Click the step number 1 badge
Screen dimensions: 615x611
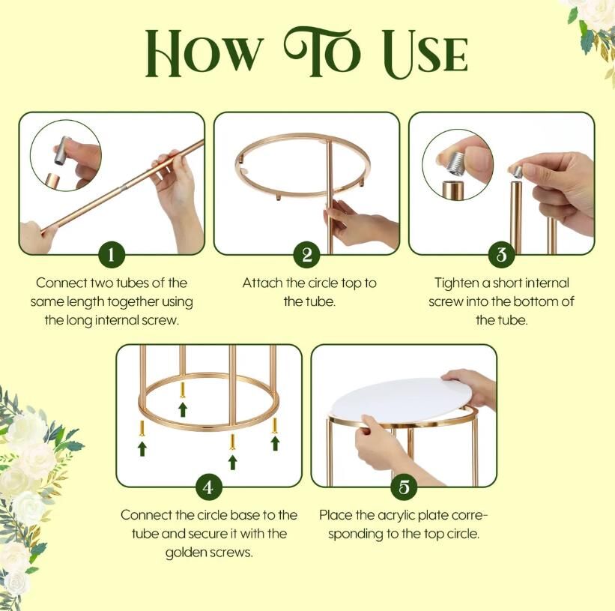[x=112, y=254]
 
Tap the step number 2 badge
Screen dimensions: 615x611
[x=306, y=254]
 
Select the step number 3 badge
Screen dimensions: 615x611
[x=502, y=254]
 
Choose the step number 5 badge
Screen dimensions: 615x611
[x=404, y=487]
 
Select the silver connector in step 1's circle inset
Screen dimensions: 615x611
[x=63, y=151]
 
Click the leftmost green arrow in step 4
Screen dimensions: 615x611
[x=142, y=449]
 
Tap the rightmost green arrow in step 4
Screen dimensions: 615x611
[x=275, y=443]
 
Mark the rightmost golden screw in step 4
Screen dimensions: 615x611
[x=275, y=426]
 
